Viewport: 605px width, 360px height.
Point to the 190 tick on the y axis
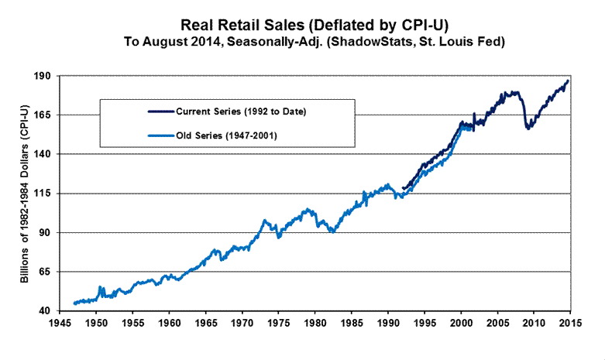(43, 76)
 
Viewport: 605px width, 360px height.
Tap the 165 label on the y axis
(43, 115)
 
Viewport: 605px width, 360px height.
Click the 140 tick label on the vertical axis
(43, 154)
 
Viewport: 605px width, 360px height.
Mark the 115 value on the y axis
(43, 194)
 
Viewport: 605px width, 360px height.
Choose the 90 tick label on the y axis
(45, 232)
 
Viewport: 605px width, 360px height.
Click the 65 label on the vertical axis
(45, 272)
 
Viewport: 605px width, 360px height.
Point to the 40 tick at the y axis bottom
(45, 310)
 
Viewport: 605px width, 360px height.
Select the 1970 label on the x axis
(242, 320)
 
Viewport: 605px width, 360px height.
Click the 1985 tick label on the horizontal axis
(352, 320)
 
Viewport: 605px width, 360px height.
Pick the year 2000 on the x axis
(461, 320)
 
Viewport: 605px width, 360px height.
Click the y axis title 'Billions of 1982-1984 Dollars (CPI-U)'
(26, 194)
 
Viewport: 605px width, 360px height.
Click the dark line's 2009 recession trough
(528, 129)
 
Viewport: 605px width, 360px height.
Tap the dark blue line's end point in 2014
(568, 81)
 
